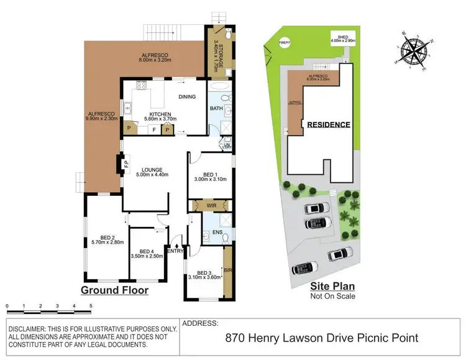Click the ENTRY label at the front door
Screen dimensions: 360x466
pos(176,251)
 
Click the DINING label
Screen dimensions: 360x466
pos(187,96)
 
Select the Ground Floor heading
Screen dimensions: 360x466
pos(115,290)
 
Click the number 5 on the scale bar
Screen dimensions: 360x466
pos(91,307)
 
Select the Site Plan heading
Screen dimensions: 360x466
pos(332,287)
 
